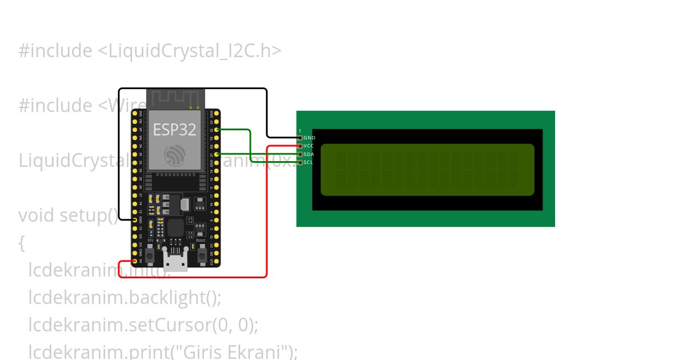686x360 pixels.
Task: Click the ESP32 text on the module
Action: tap(174, 130)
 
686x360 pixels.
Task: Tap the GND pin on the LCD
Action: tap(300, 138)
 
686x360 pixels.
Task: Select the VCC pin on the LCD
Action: tap(300, 146)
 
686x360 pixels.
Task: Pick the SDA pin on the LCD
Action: tap(300, 154)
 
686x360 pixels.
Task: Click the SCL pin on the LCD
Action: tap(300, 162)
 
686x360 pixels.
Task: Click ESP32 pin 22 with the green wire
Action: tap(217, 130)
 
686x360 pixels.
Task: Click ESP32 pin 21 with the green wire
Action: tap(217, 154)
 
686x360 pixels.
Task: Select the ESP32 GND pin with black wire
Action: tap(135, 219)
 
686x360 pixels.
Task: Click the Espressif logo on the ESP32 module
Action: tap(174, 155)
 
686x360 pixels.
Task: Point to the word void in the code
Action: tap(37, 215)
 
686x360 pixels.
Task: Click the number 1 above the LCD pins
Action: tap(300, 131)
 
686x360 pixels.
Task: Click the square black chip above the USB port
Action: tap(176, 227)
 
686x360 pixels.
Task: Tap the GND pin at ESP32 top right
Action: tap(217, 113)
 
